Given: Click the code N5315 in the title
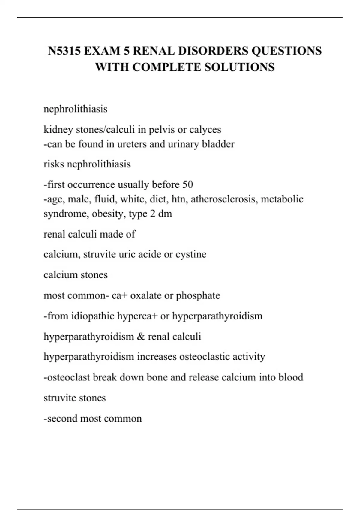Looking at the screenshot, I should point(64,51).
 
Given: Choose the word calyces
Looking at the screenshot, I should point(205,130).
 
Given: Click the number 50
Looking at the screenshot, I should point(187,184).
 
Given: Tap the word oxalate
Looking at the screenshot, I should point(146,296).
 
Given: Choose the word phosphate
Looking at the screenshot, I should point(198,296).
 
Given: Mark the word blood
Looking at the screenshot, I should point(291,377).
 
